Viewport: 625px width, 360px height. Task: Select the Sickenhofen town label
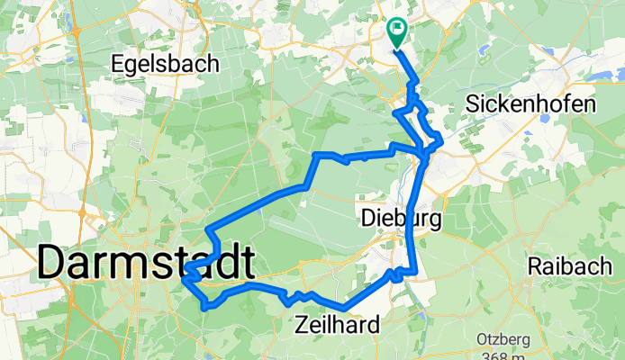click(x=531, y=103)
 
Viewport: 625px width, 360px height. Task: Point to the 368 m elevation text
click(x=503, y=355)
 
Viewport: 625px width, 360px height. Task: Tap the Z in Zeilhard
click(x=301, y=325)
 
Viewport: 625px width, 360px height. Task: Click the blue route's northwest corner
click(x=315, y=156)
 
